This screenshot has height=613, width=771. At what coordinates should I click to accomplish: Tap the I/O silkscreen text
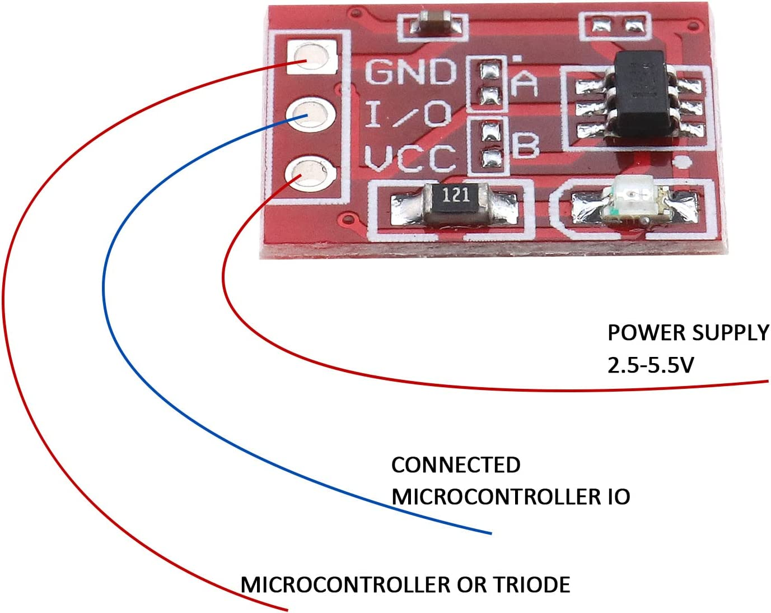click(408, 114)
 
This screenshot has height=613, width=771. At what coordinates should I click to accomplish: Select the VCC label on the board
click(410, 157)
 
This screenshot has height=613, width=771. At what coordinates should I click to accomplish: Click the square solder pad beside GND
click(310, 57)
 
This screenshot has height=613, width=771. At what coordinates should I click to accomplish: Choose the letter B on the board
click(525, 146)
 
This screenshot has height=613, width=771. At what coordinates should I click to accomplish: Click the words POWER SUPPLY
click(688, 333)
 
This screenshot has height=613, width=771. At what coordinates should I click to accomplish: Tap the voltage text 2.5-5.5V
click(650, 365)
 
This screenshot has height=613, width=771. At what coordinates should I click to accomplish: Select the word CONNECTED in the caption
click(456, 465)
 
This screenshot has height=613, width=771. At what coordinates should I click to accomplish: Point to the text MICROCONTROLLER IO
click(510, 497)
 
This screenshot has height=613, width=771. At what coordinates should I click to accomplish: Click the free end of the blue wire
click(490, 533)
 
